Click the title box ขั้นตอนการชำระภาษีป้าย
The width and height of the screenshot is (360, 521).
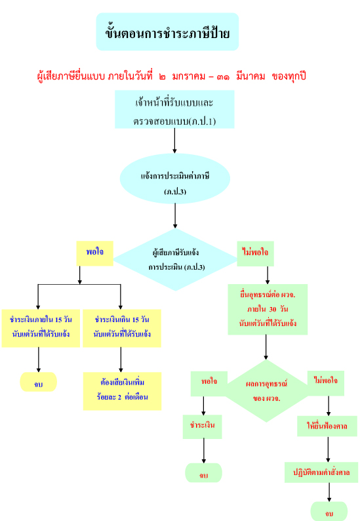pyautogui.click(x=167, y=32)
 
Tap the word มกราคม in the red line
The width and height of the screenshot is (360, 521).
pyautogui.click(x=189, y=76)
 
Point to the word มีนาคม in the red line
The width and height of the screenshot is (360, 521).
pyautogui.click(x=250, y=76)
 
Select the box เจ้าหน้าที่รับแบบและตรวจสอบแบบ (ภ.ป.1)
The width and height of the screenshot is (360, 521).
pyautogui.click(x=174, y=110)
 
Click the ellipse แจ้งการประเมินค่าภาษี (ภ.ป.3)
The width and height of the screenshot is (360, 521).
pyautogui.click(x=175, y=178)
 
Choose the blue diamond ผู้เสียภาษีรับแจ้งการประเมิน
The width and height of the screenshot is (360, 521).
pyautogui.click(x=175, y=259)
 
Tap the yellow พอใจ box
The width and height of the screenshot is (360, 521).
pyautogui.click(x=94, y=253)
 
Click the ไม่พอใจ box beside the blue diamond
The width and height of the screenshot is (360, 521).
pyautogui.click(x=255, y=253)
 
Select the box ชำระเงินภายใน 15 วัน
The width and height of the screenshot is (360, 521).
pyautogui.click(x=41, y=328)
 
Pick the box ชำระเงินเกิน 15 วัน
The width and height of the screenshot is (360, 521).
pyautogui.click(x=122, y=328)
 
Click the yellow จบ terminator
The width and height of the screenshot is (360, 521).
pyautogui.click(x=39, y=382)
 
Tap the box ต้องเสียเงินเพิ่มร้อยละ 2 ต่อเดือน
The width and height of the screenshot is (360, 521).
pyautogui.click(x=122, y=391)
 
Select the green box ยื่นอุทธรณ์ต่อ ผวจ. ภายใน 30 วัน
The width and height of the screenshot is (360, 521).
pyautogui.click(x=268, y=309)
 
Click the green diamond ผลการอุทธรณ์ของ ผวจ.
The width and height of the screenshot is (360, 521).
pyautogui.click(x=266, y=391)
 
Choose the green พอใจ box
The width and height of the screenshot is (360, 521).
pyautogui.click(x=209, y=383)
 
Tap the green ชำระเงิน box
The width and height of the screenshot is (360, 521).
pyautogui.click(x=202, y=427)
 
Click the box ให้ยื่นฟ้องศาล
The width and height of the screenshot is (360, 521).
pyautogui.click(x=327, y=427)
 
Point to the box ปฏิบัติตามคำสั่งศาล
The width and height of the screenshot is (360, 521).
pyautogui.click(x=321, y=472)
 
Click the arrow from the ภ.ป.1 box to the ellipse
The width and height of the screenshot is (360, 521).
pyautogui.click(x=174, y=141)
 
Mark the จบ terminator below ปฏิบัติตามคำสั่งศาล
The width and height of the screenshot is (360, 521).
pyautogui.click(x=329, y=512)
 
